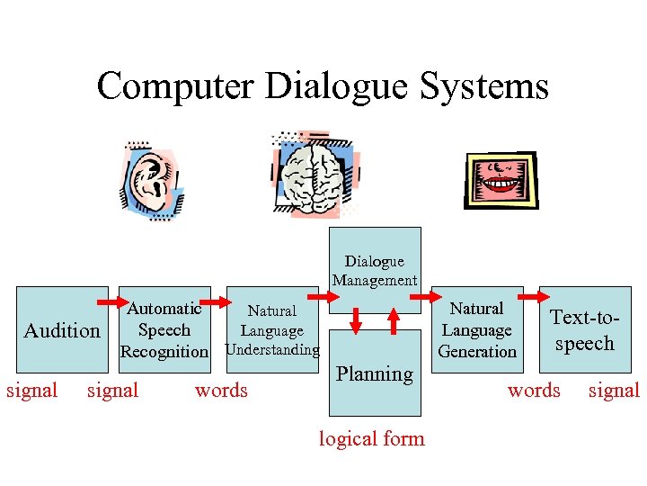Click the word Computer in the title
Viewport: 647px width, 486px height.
(x=176, y=86)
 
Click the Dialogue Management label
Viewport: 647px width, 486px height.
(x=375, y=270)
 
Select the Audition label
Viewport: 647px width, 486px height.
(x=62, y=330)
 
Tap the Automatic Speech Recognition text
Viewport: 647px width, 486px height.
(x=164, y=330)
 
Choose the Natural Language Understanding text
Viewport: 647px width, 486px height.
(x=272, y=330)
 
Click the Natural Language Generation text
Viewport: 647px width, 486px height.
(x=477, y=330)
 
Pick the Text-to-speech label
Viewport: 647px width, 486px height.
(x=584, y=330)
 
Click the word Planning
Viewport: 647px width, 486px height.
(x=375, y=373)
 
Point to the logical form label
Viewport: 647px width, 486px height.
(x=372, y=438)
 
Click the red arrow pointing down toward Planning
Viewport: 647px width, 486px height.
(x=356, y=320)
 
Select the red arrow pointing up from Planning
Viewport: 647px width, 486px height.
(x=393, y=320)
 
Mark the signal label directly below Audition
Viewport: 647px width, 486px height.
(x=112, y=391)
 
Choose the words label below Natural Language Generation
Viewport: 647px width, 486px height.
(x=534, y=391)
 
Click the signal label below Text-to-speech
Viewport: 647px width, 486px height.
(x=614, y=391)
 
